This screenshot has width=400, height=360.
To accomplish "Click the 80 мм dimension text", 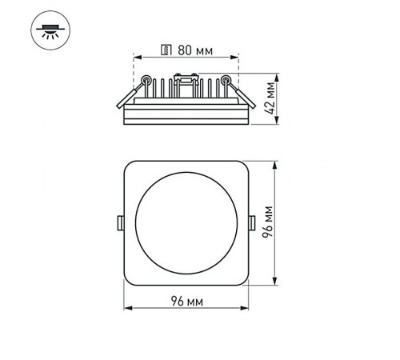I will tap(194, 52).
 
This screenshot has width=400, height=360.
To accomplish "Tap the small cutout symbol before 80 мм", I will tap(166, 52).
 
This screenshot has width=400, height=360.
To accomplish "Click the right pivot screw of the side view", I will tap(226, 79).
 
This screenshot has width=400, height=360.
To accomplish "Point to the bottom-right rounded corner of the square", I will tap(242, 281).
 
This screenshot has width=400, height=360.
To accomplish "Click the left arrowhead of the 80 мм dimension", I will tap(136, 58).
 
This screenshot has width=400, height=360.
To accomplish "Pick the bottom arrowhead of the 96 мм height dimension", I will tap(277, 283).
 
